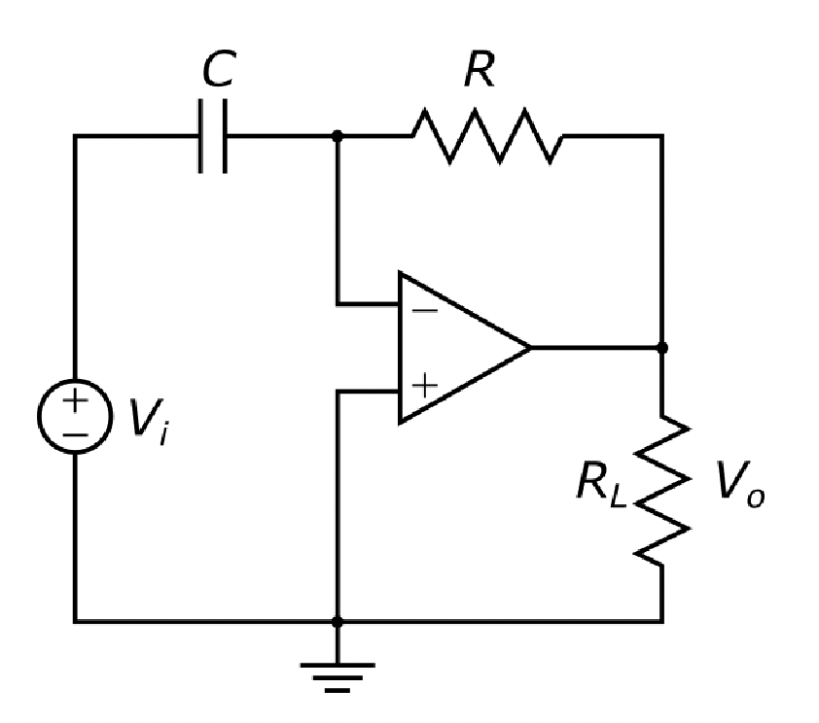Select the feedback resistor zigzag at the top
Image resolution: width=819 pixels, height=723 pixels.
pos(486,135)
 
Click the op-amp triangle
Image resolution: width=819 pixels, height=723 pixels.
pos(457,348)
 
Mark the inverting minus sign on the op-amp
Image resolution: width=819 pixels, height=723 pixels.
pos(424,312)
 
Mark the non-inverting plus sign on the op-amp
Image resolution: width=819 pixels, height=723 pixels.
pos(424,385)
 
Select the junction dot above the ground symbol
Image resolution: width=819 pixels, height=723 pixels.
pos(337,620)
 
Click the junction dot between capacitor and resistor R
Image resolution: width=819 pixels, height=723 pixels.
pos(337,135)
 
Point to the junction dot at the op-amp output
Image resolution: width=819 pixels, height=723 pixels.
pos(662,347)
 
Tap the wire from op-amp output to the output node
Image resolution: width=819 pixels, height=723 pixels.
pos(595,347)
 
